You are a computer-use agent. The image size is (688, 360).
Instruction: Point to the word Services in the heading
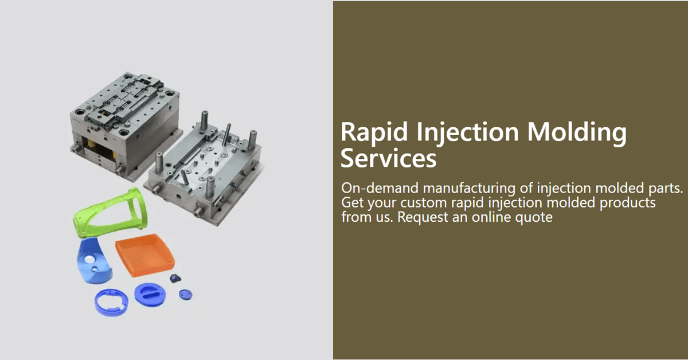coord(388,159)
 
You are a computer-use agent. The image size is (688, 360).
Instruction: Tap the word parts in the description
coord(667,189)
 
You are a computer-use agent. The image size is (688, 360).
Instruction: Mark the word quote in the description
coord(535,218)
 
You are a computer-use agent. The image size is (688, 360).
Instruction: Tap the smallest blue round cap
coord(185,295)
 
